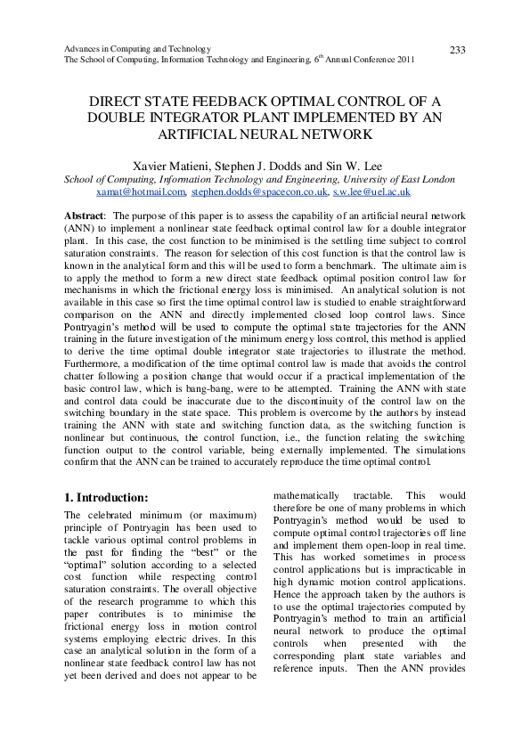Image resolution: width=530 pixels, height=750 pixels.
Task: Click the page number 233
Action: (457, 50)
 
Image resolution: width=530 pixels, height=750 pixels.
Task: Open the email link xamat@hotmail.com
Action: (140, 192)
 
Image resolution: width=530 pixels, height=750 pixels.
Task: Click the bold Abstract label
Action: (85, 216)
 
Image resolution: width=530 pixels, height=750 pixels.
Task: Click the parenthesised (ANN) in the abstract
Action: (80, 228)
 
